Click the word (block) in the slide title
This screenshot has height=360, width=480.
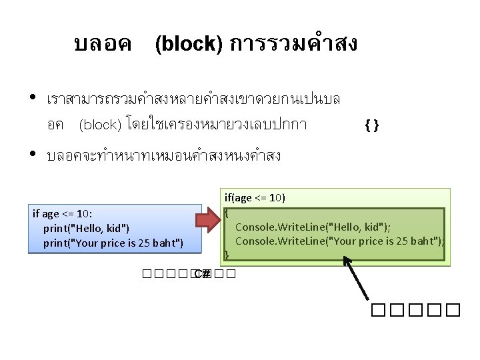pos(189,44)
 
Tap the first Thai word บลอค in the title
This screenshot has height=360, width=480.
pos(103,44)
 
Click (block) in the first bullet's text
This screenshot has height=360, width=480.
pos(99,124)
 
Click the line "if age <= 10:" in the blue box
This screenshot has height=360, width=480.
pos(63,214)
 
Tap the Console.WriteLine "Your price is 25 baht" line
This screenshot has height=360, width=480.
pos(339,240)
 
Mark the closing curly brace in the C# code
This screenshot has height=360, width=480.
pos(227,254)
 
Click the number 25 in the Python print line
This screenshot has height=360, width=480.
pos(154,242)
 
